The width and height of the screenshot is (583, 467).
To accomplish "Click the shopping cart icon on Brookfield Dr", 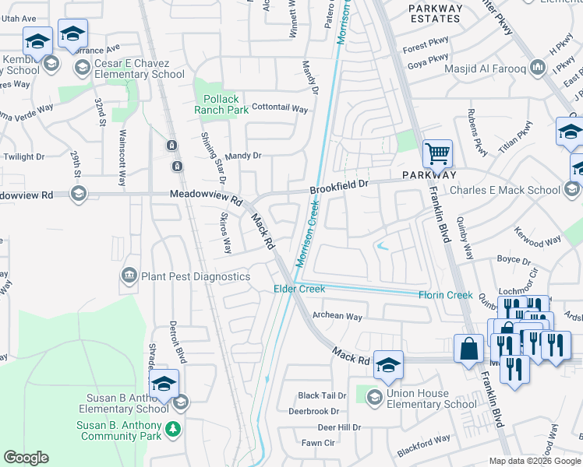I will coord(437,153).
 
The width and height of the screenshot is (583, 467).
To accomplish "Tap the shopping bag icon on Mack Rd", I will coord(470,349).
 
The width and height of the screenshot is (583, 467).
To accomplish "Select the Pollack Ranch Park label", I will coord(221,104).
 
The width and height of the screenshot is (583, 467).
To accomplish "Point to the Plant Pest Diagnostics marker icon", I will coord(129,276).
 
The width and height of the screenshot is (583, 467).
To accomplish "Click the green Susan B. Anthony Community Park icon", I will coord(172,429).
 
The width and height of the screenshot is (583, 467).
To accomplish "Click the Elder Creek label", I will coord(299,289).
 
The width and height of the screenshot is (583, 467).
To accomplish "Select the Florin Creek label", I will coord(445,295).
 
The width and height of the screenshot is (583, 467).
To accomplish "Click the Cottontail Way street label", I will coord(280,109).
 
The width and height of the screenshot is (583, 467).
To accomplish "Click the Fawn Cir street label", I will coord(318,443).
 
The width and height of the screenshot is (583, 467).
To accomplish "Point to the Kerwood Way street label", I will coord(538,237).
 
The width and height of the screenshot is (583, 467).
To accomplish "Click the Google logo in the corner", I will coord(26,457).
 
